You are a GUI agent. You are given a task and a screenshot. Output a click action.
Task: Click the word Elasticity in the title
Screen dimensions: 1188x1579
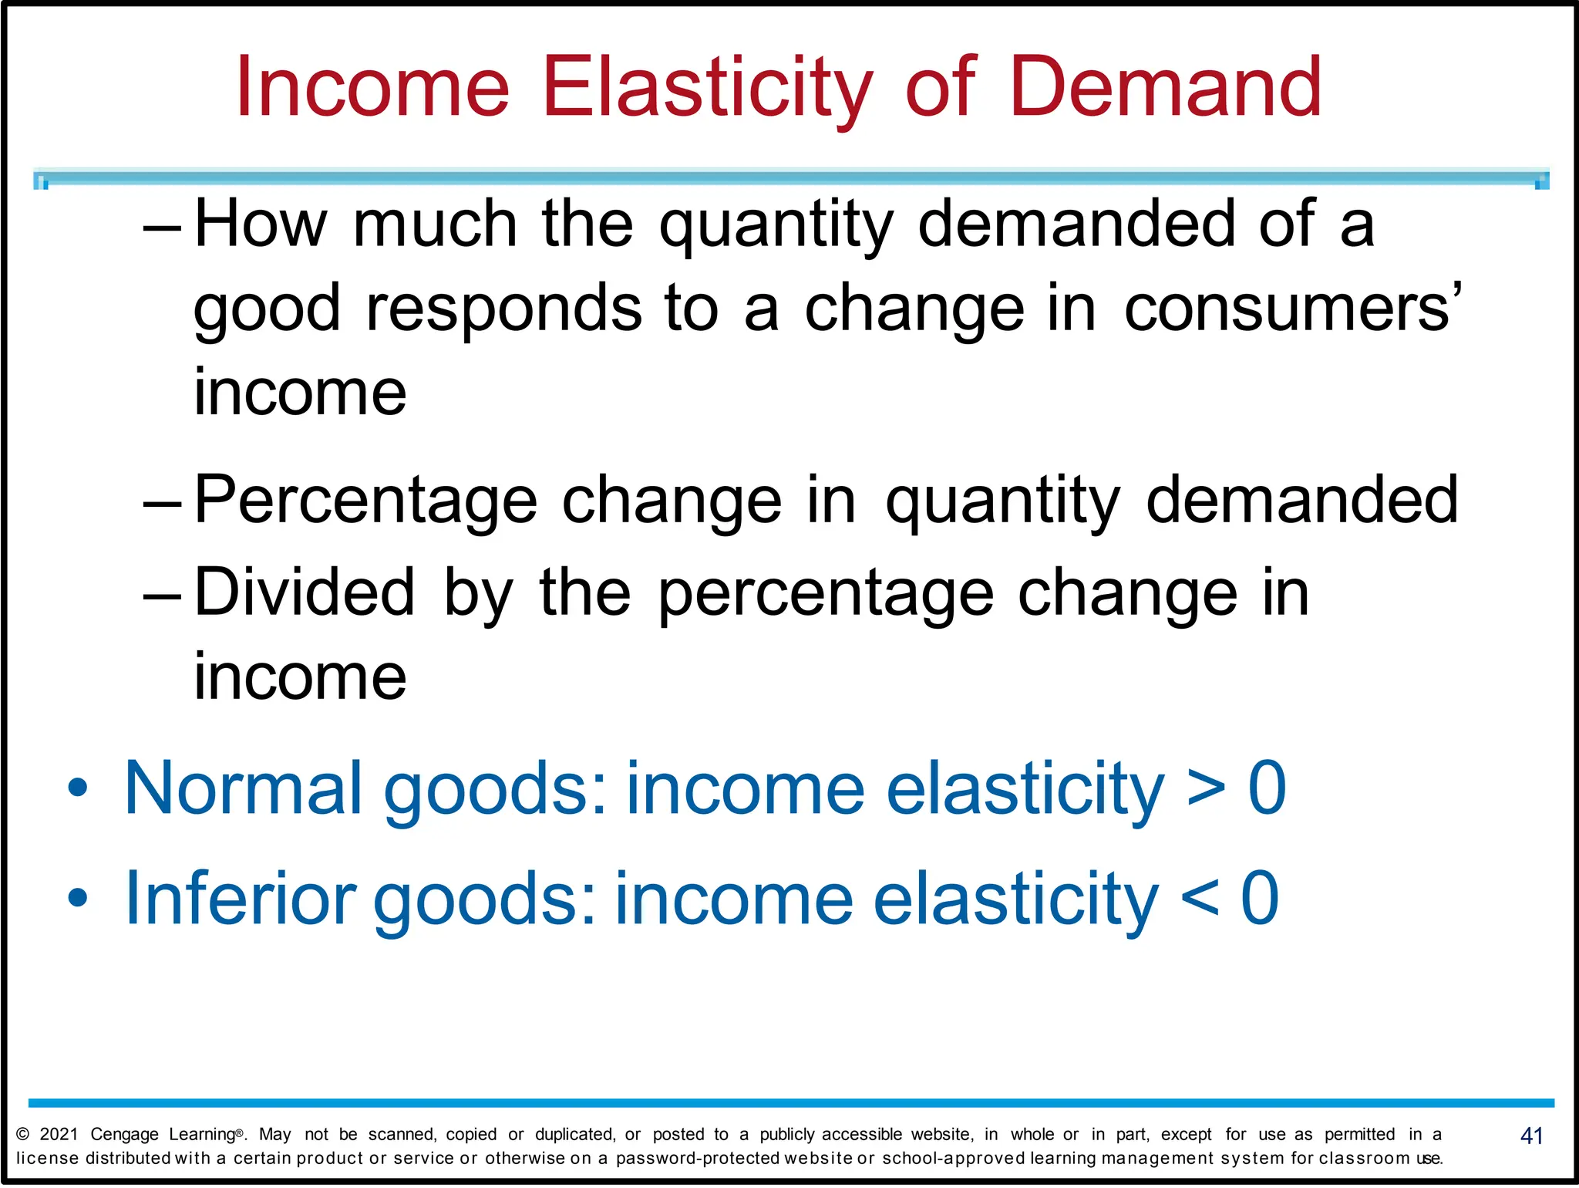[x=708, y=89]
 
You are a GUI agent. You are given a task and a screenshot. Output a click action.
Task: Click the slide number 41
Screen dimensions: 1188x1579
[x=1531, y=1136]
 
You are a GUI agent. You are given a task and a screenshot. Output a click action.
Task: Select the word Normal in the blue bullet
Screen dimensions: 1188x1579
[x=243, y=788]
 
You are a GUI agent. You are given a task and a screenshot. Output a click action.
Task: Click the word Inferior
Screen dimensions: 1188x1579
[x=240, y=898]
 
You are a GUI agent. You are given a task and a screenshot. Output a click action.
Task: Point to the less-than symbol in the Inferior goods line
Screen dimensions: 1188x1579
[x=1200, y=899]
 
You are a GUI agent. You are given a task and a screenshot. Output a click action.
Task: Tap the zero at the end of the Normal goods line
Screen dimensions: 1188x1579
[x=1268, y=788]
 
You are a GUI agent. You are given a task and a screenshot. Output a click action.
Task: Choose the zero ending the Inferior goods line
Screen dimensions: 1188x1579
[x=1261, y=898]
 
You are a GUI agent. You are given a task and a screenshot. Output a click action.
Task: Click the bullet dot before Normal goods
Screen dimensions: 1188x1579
[x=78, y=788]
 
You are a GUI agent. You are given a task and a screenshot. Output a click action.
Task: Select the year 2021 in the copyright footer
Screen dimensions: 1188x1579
[x=59, y=1134]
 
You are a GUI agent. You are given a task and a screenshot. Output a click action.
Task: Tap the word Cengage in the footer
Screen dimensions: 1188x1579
[x=124, y=1135]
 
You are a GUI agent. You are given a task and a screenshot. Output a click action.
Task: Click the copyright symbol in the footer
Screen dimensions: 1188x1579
[x=23, y=1134]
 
